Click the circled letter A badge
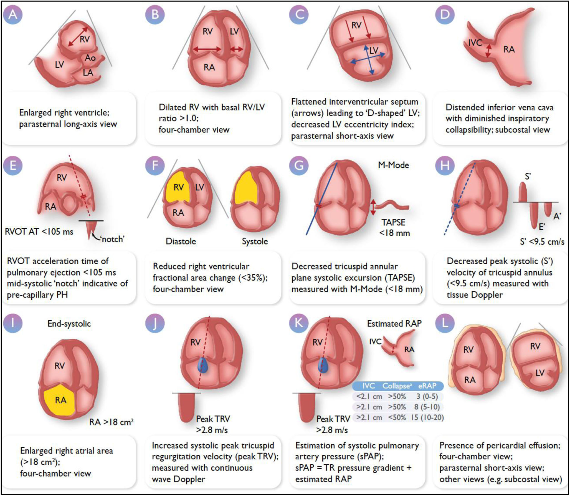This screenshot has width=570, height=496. tap(13, 14)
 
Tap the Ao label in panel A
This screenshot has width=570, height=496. tap(90, 58)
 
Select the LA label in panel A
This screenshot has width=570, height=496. tap(88, 73)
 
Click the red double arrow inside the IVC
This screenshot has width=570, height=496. tap(488, 51)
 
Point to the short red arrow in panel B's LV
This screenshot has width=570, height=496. tap(237, 49)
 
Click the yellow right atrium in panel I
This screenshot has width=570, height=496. tap(60, 400)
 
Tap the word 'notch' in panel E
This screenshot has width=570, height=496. tap(112, 239)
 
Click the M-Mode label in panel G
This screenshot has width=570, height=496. tap(393, 165)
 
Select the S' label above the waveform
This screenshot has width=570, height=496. tap(528, 177)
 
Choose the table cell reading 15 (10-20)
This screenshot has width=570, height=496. tap(427, 418)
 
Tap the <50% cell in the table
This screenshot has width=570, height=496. tap(397, 418)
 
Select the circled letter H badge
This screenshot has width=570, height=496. tap(445, 165)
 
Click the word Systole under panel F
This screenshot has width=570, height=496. tap(255, 241)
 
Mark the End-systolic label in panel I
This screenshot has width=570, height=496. tap(69, 324)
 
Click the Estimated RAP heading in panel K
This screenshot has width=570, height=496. tap(394, 324)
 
